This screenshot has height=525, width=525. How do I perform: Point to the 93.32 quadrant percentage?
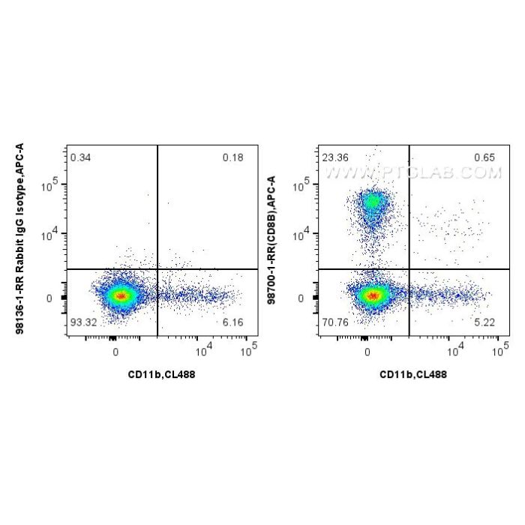coord(82,323)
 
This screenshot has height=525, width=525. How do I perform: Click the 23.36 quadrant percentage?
coord(334,157)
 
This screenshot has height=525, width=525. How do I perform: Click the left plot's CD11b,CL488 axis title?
coord(161,374)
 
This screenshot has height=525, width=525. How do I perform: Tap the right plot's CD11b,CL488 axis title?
coord(413,374)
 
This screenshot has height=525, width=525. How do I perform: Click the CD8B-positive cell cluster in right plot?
coord(373,202)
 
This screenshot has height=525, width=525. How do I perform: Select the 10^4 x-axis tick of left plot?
coord(202,350)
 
